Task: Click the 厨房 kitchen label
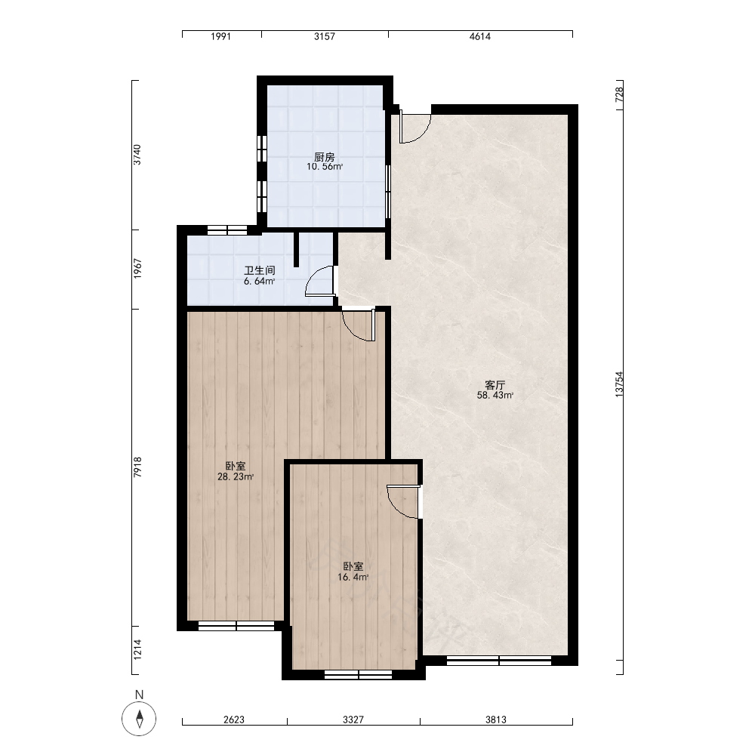pyautogui.click(x=324, y=157)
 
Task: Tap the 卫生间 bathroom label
pyautogui.click(x=260, y=270)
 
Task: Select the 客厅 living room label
pyautogui.click(x=495, y=385)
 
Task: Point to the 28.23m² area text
pyautogui.click(x=236, y=476)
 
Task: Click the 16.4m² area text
pyautogui.click(x=353, y=577)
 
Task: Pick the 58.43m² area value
pyautogui.click(x=495, y=396)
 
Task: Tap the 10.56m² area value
pyautogui.click(x=325, y=167)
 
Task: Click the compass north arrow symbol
pyautogui.click(x=139, y=719)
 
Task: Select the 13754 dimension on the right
pyautogui.click(x=619, y=384)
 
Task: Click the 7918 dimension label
pyautogui.click(x=137, y=467)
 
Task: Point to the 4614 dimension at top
pyautogui.click(x=479, y=36)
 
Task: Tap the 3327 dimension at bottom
pyautogui.click(x=353, y=720)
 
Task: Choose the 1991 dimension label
pyautogui.click(x=221, y=36)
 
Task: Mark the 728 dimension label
pyautogui.click(x=619, y=94)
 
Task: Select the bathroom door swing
pyautogui.click(x=320, y=280)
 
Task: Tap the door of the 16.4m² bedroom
pyautogui.click(x=403, y=502)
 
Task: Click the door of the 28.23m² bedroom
pyautogui.click(x=359, y=325)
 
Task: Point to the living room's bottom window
pyautogui.click(x=499, y=661)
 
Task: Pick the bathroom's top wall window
pyautogui.click(x=226, y=230)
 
